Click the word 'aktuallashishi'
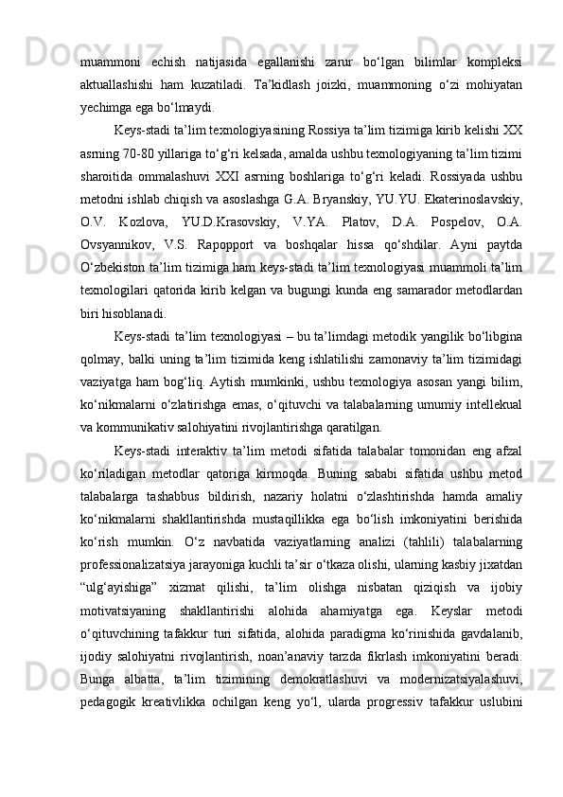[x=115, y=85]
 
